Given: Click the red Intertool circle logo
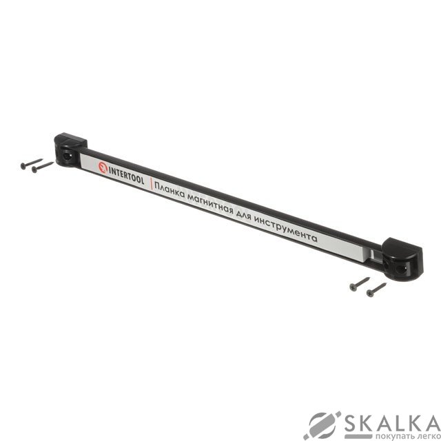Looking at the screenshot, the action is tap(103, 167).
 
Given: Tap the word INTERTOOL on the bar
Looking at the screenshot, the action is tap(126, 176).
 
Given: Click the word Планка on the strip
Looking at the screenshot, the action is tap(170, 191).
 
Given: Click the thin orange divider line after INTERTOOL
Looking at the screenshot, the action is tap(152, 184).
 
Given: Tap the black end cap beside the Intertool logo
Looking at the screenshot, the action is tap(70, 150).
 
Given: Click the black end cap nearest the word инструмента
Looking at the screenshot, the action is tap(402, 259).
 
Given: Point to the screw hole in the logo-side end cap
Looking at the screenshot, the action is tap(67, 156).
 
